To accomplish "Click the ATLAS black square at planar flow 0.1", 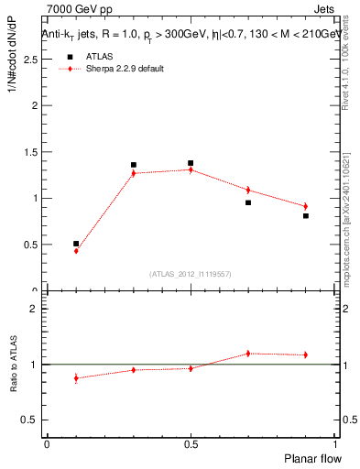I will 76,244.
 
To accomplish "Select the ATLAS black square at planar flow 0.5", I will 191,163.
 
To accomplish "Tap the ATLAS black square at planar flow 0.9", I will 306,216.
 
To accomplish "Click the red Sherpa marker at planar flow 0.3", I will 134,173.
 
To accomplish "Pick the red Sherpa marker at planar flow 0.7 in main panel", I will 248,190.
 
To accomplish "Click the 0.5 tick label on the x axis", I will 191,443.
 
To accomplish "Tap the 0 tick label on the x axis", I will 47,443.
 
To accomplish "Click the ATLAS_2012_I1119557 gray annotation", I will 191,274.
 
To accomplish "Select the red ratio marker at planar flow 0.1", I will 76,377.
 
